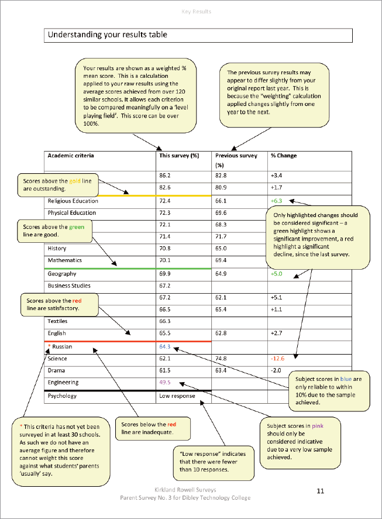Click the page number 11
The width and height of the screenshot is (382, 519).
pyautogui.click(x=320, y=490)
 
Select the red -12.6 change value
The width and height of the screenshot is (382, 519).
pyautogui.click(x=277, y=359)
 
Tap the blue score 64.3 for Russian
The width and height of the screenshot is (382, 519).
pyautogui.click(x=164, y=346)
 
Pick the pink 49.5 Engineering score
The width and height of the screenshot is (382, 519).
pyautogui.click(x=164, y=382)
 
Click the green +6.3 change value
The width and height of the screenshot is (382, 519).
pyautogui.click(x=276, y=201)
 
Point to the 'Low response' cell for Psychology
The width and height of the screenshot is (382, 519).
pyautogui.click(x=177, y=396)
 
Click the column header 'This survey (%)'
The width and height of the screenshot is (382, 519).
pyautogui.click(x=179, y=156)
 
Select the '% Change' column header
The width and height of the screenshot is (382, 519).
pyautogui.click(x=284, y=156)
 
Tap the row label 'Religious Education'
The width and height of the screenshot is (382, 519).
pyautogui.click(x=73, y=201)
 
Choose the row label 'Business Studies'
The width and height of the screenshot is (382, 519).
pyautogui.click(x=69, y=286)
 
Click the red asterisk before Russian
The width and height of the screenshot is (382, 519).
pyautogui.click(x=49, y=346)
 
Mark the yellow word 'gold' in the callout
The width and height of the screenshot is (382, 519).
pyautogui.click(x=75, y=181)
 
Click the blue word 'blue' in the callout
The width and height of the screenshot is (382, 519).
pyautogui.click(x=346, y=379)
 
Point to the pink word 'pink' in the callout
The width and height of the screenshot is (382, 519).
pyautogui.click(x=318, y=426)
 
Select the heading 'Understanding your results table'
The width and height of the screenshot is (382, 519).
pyautogui.click(x=108, y=35)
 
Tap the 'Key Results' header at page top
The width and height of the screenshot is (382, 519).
pyautogui.click(x=197, y=12)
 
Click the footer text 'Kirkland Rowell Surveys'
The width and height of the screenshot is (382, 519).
pyautogui.click(x=185, y=490)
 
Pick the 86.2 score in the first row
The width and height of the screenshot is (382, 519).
pyautogui.click(x=164, y=176)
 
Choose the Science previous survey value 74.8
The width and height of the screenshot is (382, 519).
pyautogui.click(x=221, y=359)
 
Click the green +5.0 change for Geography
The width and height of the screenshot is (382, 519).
pyautogui.click(x=276, y=274)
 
